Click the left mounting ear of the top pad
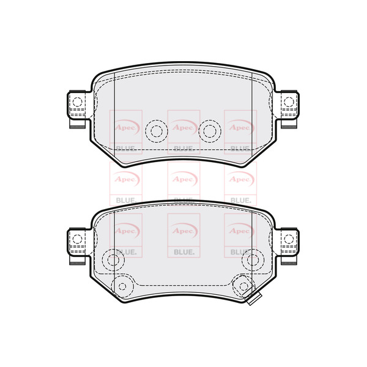(76, 108)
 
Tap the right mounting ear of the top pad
(289, 108)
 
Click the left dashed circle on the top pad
(155, 130)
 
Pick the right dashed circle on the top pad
(210, 130)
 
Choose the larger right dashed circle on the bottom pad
(251, 260)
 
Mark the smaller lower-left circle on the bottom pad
(122, 285)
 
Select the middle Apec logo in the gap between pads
(182, 179)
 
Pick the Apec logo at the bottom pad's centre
(182, 230)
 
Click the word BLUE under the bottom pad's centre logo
(182, 251)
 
